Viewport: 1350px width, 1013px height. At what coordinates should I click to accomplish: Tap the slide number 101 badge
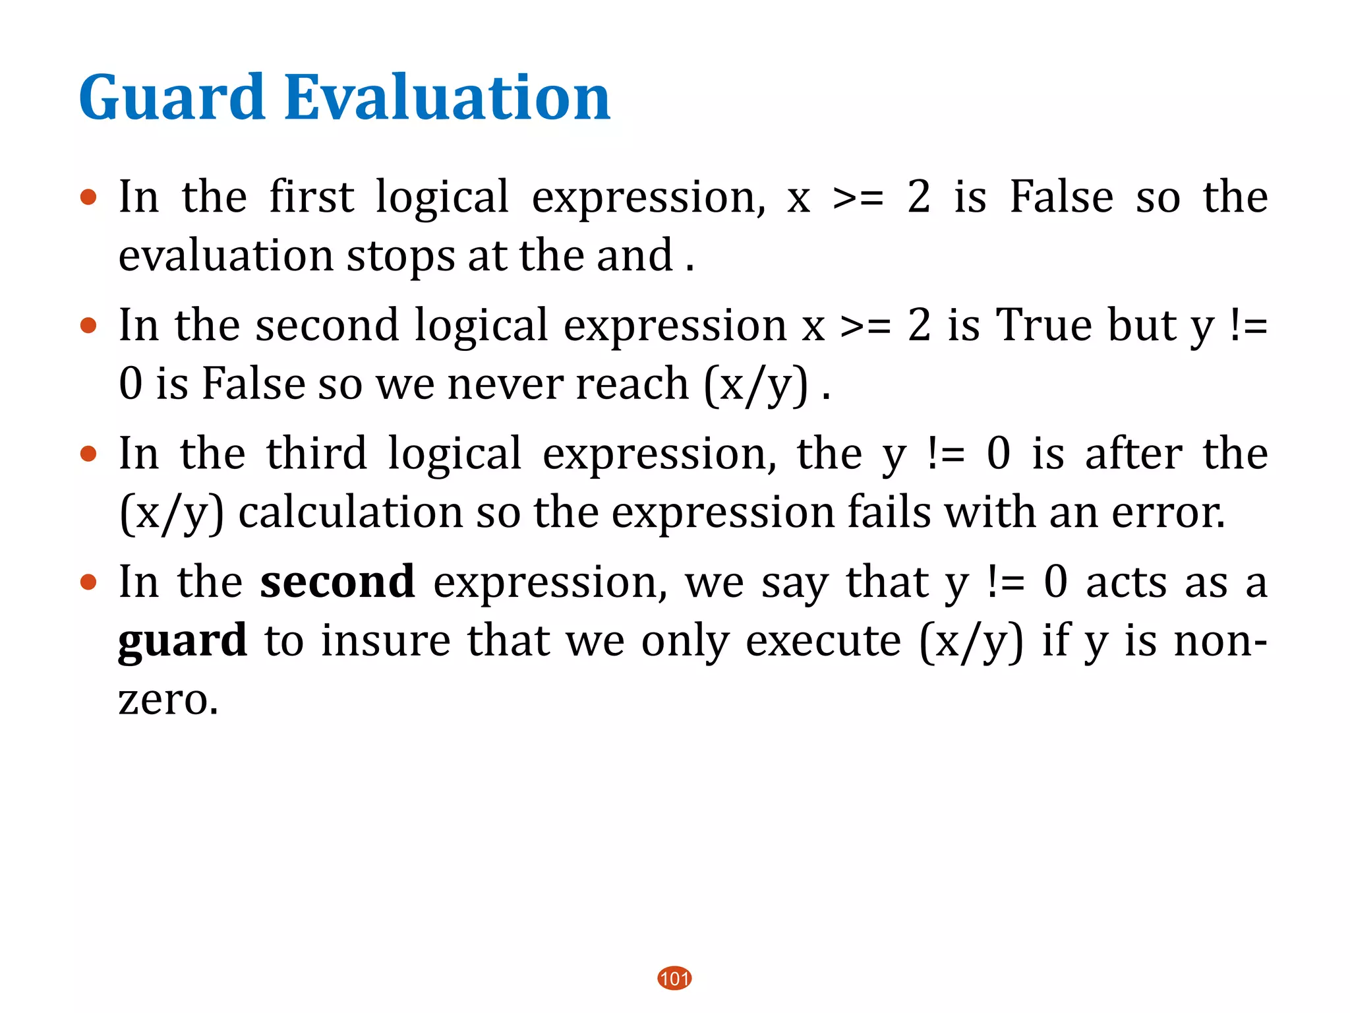coord(674,978)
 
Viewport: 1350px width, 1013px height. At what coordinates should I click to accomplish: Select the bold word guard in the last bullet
coord(183,640)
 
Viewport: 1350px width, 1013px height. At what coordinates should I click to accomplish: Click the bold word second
coord(337,582)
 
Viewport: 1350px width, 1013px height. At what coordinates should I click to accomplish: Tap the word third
coord(316,454)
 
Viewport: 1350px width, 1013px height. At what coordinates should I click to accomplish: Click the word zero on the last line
coord(168,700)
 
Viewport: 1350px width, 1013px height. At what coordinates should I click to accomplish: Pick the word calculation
coord(351,512)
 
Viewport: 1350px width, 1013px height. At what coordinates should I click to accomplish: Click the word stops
coord(401,256)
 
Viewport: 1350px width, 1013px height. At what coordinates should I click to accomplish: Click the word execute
coord(823,640)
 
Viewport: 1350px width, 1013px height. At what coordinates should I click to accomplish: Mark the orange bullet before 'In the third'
coord(88,454)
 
